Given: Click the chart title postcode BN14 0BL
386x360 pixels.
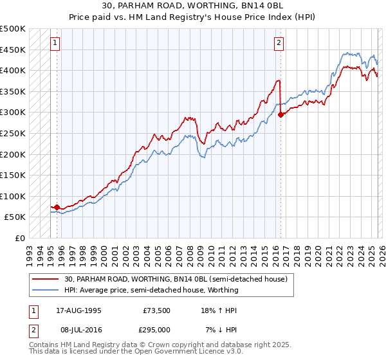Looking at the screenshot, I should (x=270, y=6).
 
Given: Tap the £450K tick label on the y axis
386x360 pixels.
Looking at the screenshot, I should (x=13, y=50).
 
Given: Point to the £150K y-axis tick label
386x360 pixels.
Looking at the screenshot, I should (x=13, y=175).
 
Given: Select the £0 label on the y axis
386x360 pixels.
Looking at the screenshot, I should (x=19, y=238).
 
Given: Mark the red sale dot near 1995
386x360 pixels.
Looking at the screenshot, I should (x=57, y=207).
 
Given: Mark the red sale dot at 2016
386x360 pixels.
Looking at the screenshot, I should (x=280, y=115).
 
